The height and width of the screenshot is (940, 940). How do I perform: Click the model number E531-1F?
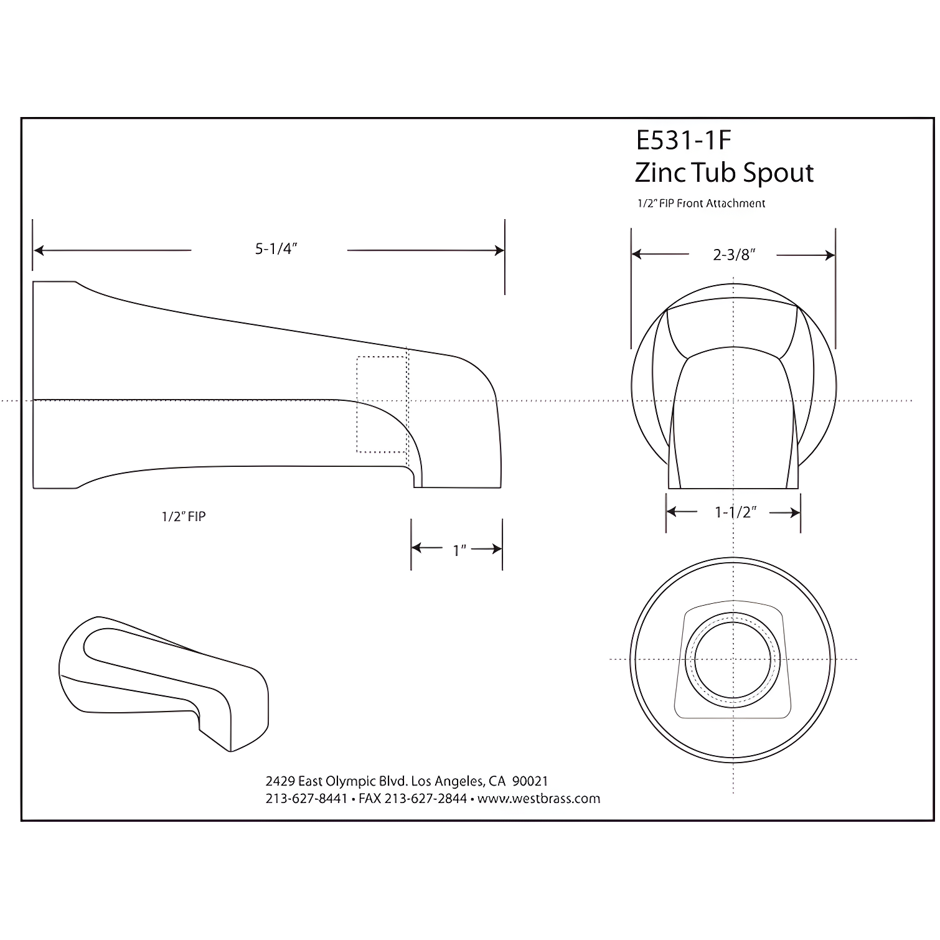tap(683, 141)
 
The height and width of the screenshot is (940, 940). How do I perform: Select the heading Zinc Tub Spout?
tap(724, 173)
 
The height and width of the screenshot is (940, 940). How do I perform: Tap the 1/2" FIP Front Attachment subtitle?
tap(700, 204)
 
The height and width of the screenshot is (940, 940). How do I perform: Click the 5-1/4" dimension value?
tap(276, 249)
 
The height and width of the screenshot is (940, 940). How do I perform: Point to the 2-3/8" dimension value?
tap(734, 254)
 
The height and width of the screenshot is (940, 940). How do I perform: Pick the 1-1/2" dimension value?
tap(735, 512)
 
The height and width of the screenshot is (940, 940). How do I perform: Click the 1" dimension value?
tap(459, 550)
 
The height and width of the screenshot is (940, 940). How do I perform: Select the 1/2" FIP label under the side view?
tap(184, 516)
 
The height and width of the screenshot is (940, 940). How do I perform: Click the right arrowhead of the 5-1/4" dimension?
tap(499, 250)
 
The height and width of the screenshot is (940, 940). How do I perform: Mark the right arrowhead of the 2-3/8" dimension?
tap(829, 255)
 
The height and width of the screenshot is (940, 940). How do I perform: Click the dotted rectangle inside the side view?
tap(382, 404)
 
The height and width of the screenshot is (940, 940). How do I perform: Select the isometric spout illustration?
tap(164, 682)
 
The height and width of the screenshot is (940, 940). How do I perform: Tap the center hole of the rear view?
tap(733, 659)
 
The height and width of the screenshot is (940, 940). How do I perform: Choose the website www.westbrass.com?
tap(538, 799)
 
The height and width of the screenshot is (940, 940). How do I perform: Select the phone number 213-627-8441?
tap(306, 799)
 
